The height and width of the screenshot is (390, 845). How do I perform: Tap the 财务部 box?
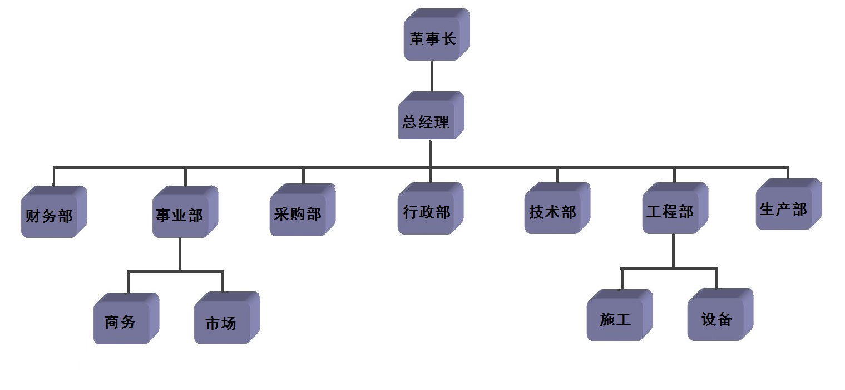(50, 215)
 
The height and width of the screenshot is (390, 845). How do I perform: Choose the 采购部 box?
(298, 213)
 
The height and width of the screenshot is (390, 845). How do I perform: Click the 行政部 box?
(427, 212)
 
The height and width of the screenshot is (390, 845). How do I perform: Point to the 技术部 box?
(553, 212)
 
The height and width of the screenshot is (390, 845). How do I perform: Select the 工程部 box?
(671, 212)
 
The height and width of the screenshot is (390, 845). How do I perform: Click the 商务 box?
(121, 321)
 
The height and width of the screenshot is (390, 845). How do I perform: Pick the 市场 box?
(222, 322)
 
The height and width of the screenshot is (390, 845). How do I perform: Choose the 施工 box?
(615, 319)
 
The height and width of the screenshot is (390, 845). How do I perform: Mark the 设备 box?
(716, 318)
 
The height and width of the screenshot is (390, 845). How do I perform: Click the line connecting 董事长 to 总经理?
(432, 76)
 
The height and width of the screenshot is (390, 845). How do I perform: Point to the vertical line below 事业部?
(180, 253)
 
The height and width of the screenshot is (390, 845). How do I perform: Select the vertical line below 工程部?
(673, 251)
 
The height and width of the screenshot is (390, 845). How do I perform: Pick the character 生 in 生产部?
(768, 209)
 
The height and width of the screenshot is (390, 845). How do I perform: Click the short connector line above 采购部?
(303, 175)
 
